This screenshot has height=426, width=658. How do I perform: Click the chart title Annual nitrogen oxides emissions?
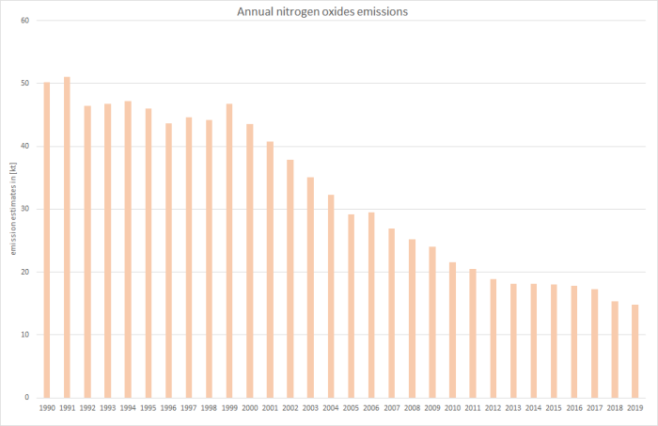tap(328, 11)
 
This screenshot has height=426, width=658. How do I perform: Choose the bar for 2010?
tap(452, 329)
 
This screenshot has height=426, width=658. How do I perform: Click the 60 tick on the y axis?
tap(25, 21)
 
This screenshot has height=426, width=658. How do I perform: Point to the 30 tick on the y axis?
tap(25, 209)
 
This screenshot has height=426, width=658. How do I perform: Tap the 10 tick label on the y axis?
tap(25, 335)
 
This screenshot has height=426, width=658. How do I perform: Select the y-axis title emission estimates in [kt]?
tap(13, 209)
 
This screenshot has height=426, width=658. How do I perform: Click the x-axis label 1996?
tap(168, 408)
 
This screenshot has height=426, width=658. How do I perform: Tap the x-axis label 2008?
tap(412, 408)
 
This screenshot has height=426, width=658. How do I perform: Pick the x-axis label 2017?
tap(594, 408)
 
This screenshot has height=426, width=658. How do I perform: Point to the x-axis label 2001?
tap(270, 408)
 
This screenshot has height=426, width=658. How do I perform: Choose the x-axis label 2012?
tap(493, 408)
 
